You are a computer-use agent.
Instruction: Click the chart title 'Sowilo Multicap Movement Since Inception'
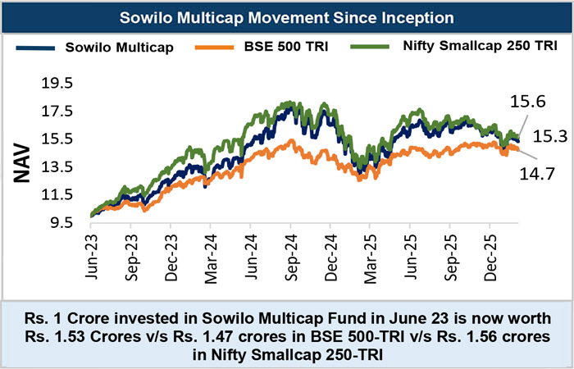coord(287,17)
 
